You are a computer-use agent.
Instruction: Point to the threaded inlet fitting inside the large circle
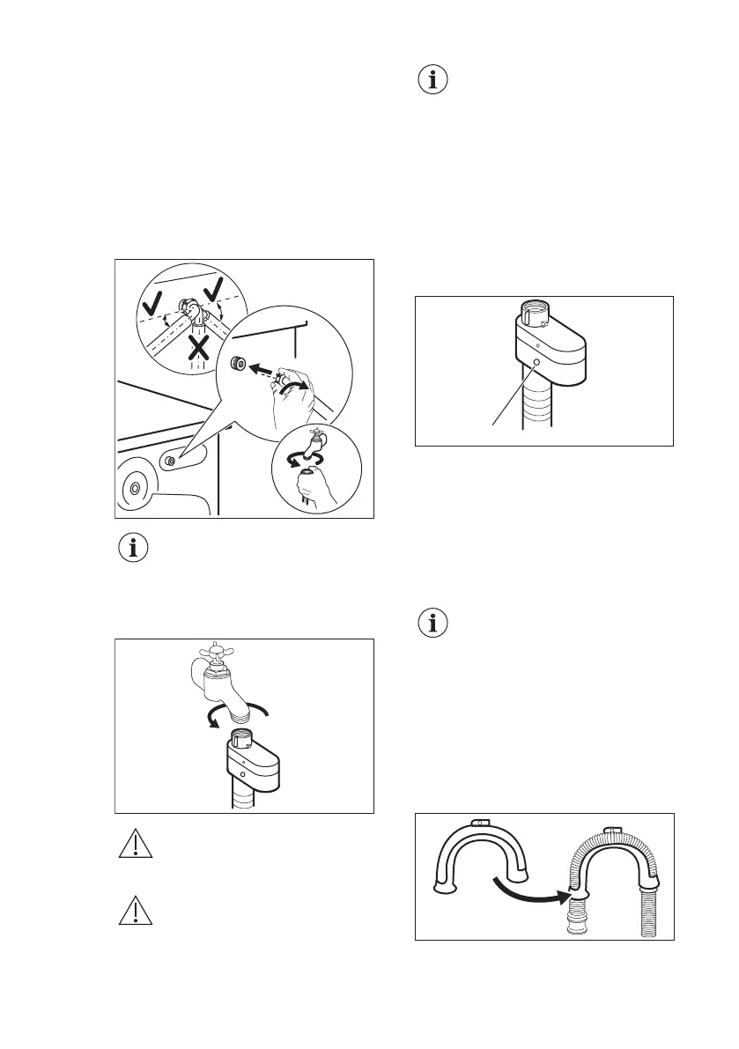point(237,363)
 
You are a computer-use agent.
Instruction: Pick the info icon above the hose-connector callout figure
point(432,81)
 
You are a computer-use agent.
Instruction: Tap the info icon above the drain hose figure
point(432,624)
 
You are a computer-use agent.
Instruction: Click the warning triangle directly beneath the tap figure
point(134,846)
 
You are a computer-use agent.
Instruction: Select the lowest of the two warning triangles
point(134,912)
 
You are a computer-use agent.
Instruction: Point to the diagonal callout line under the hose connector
point(514,395)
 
